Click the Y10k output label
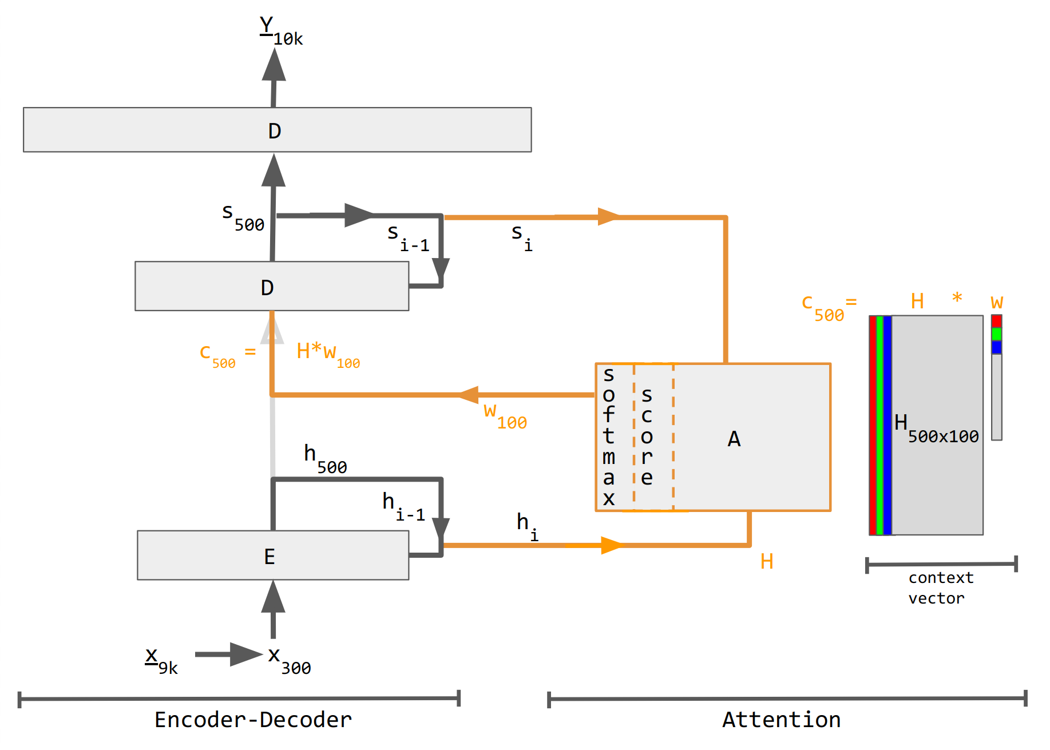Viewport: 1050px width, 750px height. pos(281,31)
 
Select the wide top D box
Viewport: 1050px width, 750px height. pos(278,130)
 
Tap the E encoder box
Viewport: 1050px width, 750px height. pos(273,555)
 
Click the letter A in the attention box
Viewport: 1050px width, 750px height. pos(734,439)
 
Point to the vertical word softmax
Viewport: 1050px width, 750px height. pos(609,436)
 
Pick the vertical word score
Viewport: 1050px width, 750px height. pos(647,436)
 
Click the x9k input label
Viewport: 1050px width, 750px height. pos(161,661)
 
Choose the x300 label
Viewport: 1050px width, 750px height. pos(290,661)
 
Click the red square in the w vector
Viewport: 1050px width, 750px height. pos(996,321)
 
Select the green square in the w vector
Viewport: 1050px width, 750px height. pos(996,334)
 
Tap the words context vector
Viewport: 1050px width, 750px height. pos(941,588)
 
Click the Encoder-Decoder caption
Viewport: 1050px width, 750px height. pos(253,720)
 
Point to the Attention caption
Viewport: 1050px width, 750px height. pos(782,720)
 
